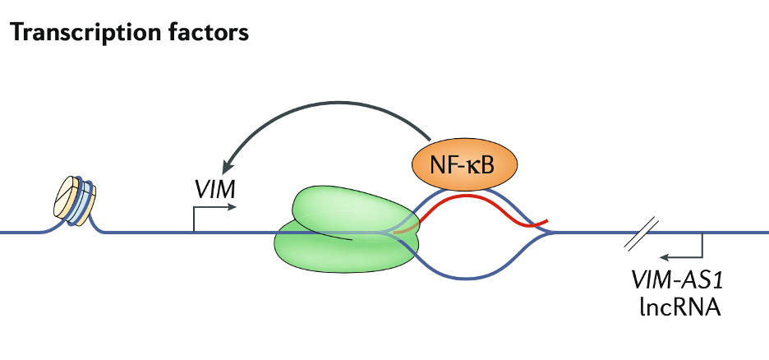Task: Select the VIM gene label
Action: coord(215,190)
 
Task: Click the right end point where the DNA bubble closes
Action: coord(552,233)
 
